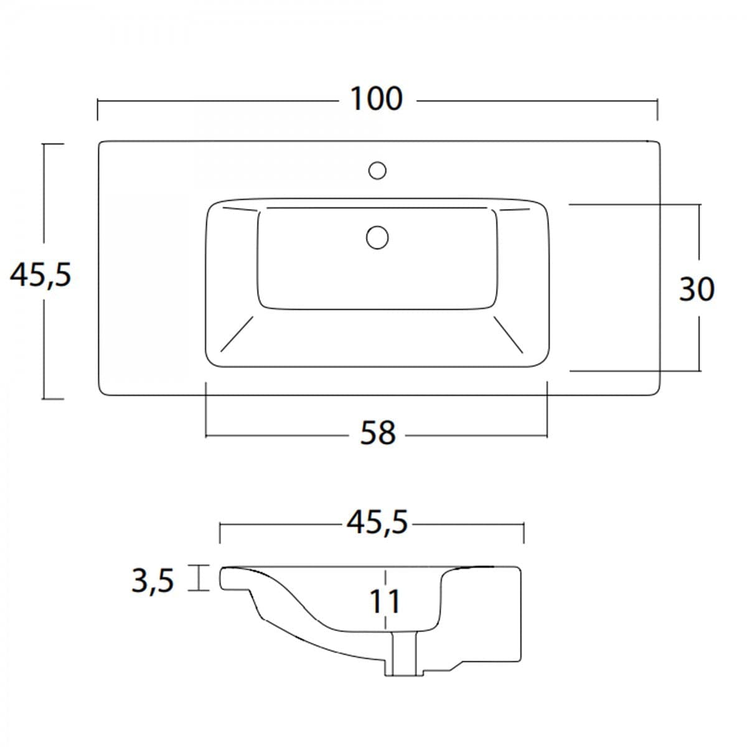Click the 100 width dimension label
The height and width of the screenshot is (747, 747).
point(377,99)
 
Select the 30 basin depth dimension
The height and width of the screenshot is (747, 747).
point(697,289)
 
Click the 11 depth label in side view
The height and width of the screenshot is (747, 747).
point(385,601)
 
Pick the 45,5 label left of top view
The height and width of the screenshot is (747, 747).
point(40,276)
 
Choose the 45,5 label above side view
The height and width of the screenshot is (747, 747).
point(377,522)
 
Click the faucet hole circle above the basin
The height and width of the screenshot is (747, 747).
point(377,171)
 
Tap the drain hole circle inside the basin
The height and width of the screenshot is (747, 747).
point(377,237)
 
